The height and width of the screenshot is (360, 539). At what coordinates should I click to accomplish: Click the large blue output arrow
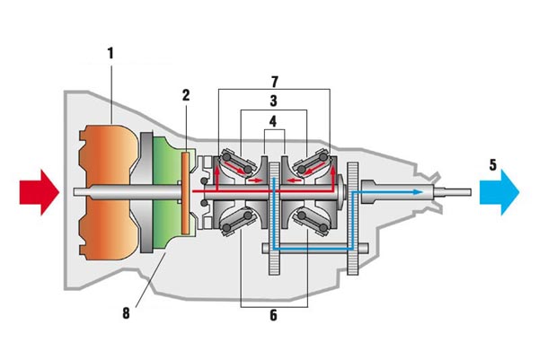497,191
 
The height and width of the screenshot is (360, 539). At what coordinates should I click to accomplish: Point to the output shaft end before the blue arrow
458,191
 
